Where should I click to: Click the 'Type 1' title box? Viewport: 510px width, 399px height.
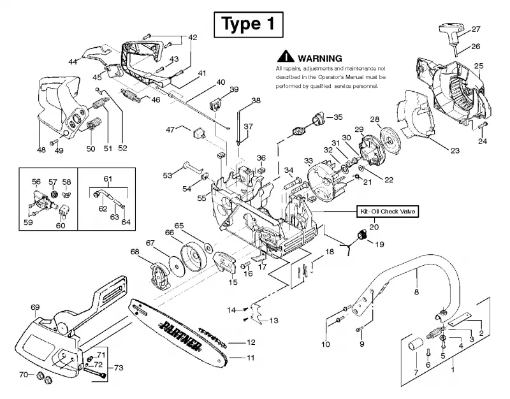coord(249,24)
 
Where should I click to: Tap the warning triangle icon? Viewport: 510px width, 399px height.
coord(286,57)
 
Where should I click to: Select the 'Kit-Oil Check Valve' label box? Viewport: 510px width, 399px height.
coord(388,212)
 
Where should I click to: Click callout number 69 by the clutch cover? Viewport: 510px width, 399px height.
coord(35,307)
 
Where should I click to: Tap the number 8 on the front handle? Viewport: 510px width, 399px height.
coord(417,292)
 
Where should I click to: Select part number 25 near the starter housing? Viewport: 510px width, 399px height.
coord(479,66)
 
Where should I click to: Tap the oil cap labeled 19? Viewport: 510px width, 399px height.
coord(361,235)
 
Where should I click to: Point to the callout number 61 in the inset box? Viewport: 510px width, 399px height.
coord(108,179)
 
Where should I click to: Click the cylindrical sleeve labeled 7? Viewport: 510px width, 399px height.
coord(416,344)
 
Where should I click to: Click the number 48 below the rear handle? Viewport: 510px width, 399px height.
coord(41,150)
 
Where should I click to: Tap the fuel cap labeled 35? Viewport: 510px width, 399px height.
coord(317,119)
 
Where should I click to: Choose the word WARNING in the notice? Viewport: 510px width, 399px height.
coord(320,59)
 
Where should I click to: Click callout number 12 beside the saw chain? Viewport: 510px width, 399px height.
coord(251,342)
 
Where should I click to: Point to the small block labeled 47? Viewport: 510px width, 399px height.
coord(198,134)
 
